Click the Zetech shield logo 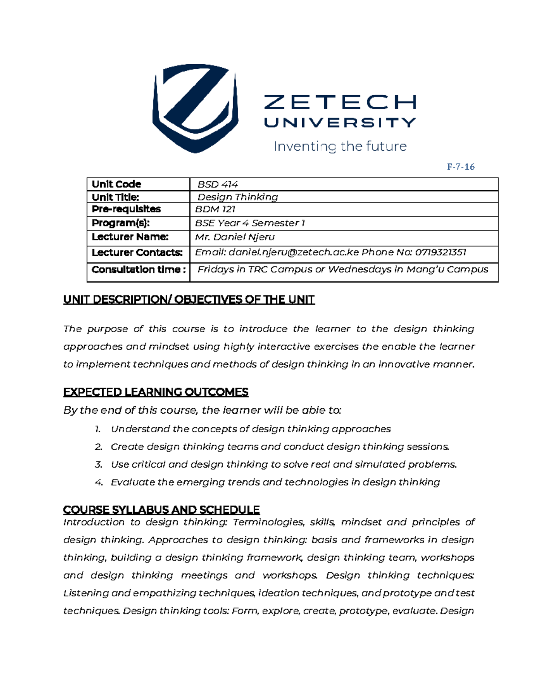[x=195, y=108]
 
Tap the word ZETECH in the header [x=340, y=102]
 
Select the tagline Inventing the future [x=340, y=146]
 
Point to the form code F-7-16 [x=460, y=167]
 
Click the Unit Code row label [x=117, y=184]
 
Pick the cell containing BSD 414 [x=218, y=184]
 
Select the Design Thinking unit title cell [x=238, y=197]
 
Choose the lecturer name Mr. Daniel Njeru [x=235, y=237]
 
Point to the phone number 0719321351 [x=441, y=252]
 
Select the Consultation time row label [x=139, y=270]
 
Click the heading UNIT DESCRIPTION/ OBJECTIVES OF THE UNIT [x=189, y=300]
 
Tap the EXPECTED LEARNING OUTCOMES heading [x=156, y=392]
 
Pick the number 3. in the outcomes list [x=99, y=465]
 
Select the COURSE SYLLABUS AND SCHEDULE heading [x=161, y=510]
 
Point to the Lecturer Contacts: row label [x=137, y=253]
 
